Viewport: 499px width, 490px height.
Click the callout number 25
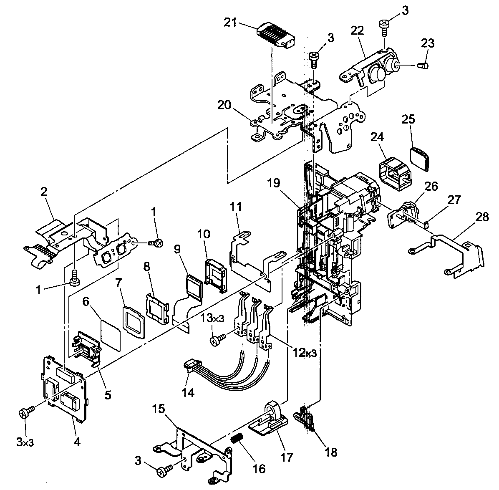[408, 119]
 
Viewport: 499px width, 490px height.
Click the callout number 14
[188, 392]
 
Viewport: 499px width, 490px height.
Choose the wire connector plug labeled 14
[192, 366]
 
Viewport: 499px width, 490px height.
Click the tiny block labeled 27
[426, 225]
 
